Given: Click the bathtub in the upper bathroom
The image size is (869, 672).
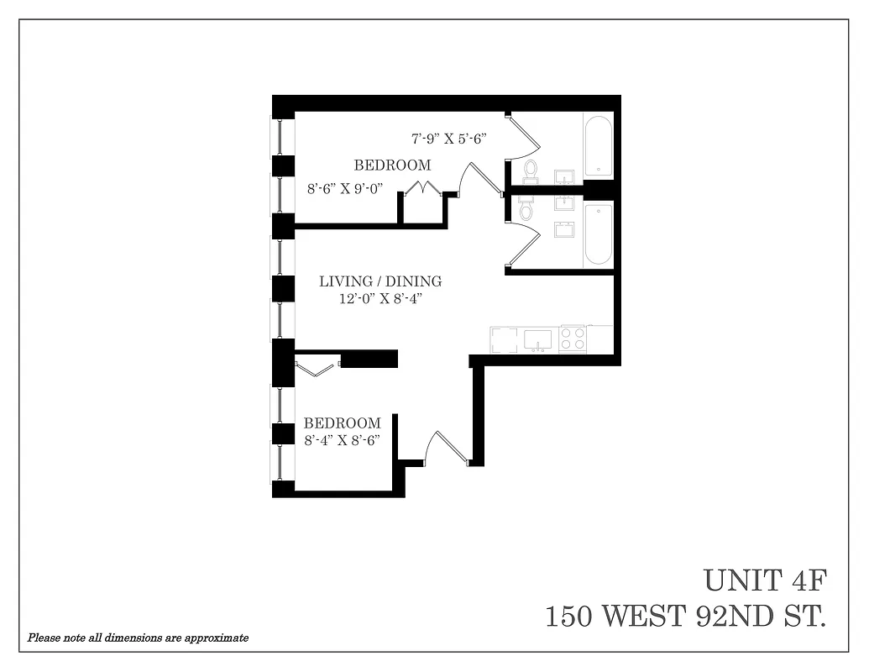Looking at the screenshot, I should pyautogui.click(x=599, y=147).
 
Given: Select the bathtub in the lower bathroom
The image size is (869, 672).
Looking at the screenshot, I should pyautogui.click(x=599, y=234).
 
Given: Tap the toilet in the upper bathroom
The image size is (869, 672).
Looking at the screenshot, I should pyautogui.click(x=531, y=171).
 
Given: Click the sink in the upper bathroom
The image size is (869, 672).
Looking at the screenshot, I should pyautogui.click(x=563, y=176).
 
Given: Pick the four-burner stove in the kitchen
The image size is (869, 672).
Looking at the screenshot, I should pyautogui.click(x=573, y=339).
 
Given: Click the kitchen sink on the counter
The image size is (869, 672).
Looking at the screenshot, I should pyautogui.click(x=537, y=339).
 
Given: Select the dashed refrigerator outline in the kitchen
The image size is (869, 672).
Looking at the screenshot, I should pyautogui.click(x=505, y=339).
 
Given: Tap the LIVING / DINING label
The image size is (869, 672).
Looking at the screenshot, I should pyautogui.click(x=380, y=281).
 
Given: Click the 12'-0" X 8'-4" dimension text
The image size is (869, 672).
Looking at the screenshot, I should pyautogui.click(x=380, y=298).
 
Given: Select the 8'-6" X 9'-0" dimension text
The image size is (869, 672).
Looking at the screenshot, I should pyautogui.click(x=345, y=188).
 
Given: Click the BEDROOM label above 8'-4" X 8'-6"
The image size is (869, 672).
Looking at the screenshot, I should pyautogui.click(x=342, y=423).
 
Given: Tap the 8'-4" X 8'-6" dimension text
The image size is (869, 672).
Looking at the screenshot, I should pyautogui.click(x=343, y=439).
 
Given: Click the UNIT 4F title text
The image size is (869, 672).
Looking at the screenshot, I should pyautogui.click(x=765, y=580).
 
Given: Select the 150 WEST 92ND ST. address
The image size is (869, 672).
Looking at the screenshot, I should pyautogui.click(x=685, y=617).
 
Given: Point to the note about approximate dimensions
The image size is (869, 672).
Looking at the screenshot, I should pyautogui.click(x=138, y=638).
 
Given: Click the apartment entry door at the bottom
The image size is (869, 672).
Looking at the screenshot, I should pyautogui.click(x=446, y=449).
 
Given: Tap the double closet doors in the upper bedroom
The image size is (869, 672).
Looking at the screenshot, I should pyautogui.click(x=425, y=188).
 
